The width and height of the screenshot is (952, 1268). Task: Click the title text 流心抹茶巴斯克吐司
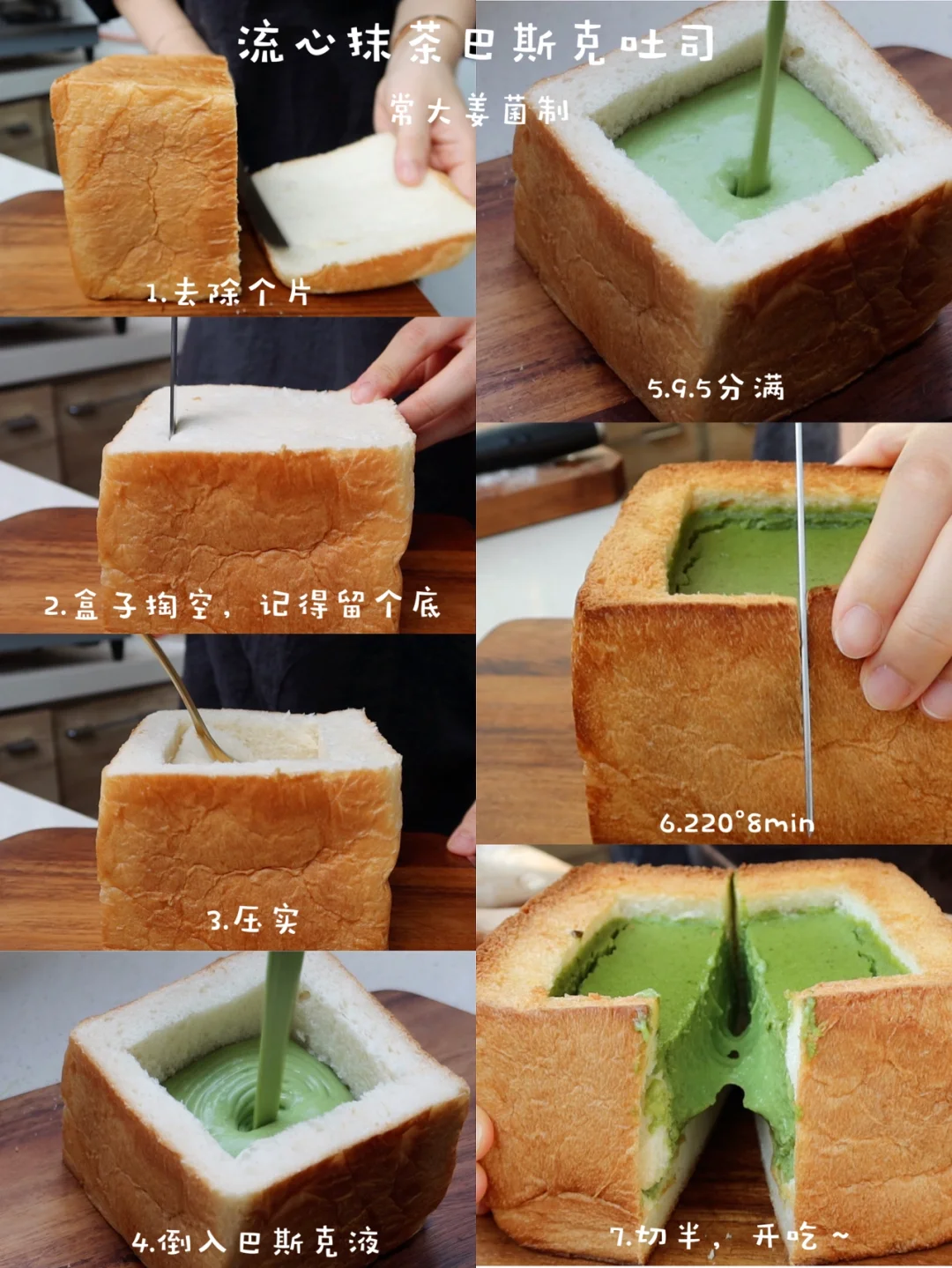pyautogui.click(x=475, y=43)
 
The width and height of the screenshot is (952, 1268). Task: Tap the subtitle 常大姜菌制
pyautogui.click(x=479, y=110)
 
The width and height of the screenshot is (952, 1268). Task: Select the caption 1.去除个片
pyautogui.click(x=229, y=292)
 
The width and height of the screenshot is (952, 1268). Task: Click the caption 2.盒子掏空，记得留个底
pyautogui.click(x=242, y=604)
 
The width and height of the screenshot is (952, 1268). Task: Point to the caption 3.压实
pyautogui.click(x=253, y=920)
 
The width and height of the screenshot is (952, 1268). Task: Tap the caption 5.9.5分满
pyautogui.click(x=715, y=388)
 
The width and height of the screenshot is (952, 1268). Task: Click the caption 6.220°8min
pyautogui.click(x=737, y=823)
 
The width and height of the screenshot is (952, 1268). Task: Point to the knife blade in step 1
pyautogui.click(x=264, y=209)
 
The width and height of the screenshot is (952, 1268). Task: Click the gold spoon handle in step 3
pyautogui.click(x=185, y=699)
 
